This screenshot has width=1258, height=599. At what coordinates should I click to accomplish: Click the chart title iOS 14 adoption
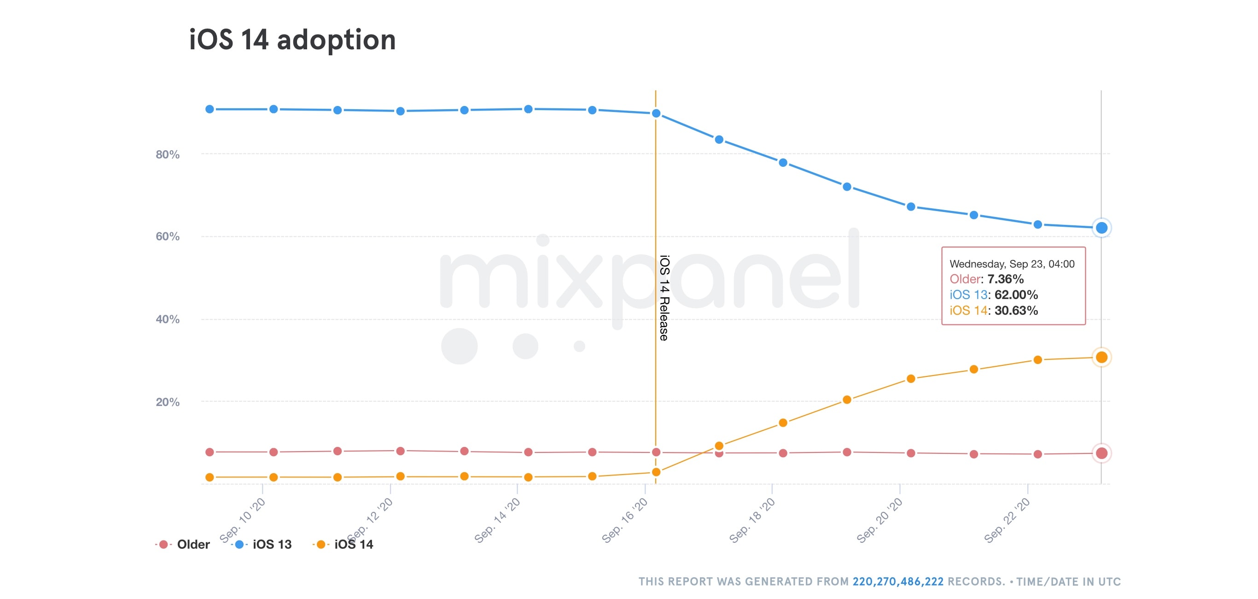[x=292, y=40]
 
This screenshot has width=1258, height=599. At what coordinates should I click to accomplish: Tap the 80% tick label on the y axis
[x=168, y=154]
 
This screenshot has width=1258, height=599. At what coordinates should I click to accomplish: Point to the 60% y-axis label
[x=168, y=236]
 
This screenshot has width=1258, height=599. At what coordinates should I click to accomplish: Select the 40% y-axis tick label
[x=168, y=319]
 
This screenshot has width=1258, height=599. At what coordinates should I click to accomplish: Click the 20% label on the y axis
[x=168, y=402]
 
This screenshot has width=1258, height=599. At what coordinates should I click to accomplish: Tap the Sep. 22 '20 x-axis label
[x=1007, y=520]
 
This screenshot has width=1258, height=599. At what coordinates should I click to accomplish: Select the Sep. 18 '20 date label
[x=752, y=520]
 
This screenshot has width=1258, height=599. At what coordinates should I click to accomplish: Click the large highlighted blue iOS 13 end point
[x=1101, y=228]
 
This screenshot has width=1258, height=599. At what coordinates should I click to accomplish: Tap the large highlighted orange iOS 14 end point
[x=1101, y=357]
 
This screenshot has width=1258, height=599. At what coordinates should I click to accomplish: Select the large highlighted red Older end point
[x=1101, y=453]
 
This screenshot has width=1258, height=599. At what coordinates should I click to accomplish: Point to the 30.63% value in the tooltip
[x=1016, y=310]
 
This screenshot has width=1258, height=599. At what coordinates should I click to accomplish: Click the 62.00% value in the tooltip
[x=1016, y=294]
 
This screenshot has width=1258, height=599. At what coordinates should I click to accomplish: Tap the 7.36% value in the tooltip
[x=1005, y=279]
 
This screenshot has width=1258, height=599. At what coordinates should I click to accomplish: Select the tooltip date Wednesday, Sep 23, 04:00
[x=1012, y=264]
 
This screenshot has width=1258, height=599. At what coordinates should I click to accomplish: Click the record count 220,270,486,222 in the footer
[x=897, y=581]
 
